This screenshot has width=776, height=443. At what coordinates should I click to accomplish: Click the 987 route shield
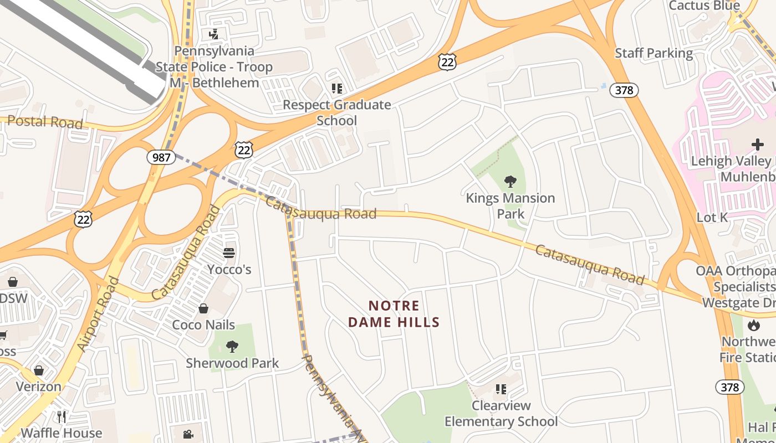(161, 157)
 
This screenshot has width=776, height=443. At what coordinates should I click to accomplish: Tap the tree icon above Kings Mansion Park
(510, 181)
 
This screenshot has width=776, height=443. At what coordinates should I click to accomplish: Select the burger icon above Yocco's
(229, 253)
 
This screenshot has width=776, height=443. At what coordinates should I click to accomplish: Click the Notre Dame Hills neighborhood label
(394, 314)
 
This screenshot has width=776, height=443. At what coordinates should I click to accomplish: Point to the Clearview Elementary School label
(501, 414)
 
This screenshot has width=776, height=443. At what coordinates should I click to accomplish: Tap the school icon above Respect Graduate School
(337, 88)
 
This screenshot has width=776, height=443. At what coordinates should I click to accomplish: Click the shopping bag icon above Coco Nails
(203, 308)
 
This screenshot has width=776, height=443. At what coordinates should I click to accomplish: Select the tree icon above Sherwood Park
(232, 347)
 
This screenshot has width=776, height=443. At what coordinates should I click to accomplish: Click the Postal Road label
(45, 122)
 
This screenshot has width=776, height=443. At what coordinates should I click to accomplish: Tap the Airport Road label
(98, 314)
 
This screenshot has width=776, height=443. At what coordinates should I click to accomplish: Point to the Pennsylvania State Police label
(214, 67)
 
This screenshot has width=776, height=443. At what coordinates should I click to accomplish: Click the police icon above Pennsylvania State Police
(213, 34)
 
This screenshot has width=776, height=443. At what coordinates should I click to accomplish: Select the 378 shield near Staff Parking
(624, 90)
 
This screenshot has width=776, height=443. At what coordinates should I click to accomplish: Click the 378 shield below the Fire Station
(729, 387)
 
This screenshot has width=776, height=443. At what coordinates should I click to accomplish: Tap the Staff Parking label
(654, 53)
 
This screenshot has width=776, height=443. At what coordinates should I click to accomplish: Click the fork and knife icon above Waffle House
(62, 416)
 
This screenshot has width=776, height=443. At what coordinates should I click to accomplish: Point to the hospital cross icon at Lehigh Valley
(757, 145)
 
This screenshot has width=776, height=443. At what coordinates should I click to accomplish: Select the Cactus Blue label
(704, 6)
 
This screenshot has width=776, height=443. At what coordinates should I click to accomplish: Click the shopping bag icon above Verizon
(39, 370)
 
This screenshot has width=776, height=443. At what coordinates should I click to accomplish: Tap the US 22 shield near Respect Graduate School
(447, 62)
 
